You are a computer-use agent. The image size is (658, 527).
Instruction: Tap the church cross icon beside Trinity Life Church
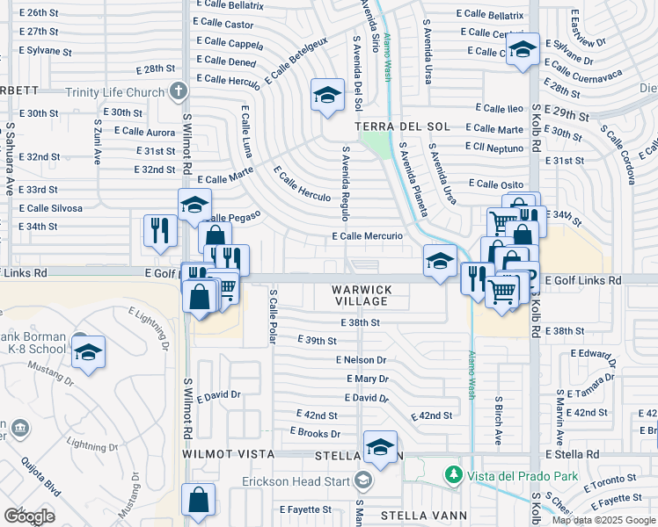[x=179, y=91]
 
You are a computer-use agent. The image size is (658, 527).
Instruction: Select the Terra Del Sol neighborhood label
[x=390, y=127]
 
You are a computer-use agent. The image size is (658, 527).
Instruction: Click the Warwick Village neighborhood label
[x=360, y=295]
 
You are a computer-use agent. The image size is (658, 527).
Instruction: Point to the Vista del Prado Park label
[x=517, y=475]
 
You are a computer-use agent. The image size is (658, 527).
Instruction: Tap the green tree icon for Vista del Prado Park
[x=454, y=475]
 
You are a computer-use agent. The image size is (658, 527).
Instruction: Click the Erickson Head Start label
[x=297, y=480]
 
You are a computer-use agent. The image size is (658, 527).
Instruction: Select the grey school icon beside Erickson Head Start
[x=362, y=480]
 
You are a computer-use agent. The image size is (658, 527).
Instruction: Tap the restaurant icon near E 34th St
[x=160, y=230]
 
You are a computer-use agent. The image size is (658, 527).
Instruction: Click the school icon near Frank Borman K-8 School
[x=88, y=352]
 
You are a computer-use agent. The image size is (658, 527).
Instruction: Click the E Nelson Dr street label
[x=361, y=360]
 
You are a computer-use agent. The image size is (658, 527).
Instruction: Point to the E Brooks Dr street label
[x=315, y=433]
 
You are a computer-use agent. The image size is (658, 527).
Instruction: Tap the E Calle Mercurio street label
[x=367, y=236]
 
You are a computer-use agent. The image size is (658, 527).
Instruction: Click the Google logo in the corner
[x=28, y=516]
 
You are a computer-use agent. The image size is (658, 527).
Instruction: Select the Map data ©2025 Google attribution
[x=603, y=520]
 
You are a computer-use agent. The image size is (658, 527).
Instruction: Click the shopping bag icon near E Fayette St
[x=198, y=500]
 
